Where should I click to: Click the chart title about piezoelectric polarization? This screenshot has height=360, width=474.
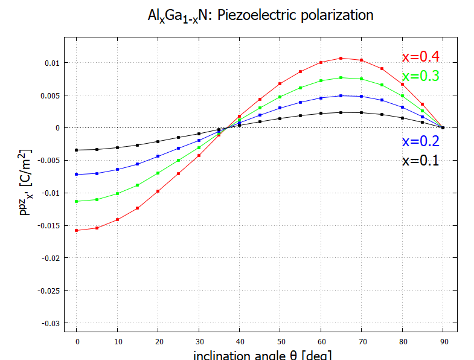(260, 14)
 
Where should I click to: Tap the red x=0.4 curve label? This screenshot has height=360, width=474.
(420, 57)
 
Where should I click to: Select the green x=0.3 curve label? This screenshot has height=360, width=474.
(420, 76)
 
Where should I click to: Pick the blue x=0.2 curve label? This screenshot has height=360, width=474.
(420, 141)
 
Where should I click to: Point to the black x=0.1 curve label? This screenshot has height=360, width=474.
(420, 161)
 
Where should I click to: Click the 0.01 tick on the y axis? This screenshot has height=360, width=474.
(51, 63)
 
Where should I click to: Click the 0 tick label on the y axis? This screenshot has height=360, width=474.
(58, 128)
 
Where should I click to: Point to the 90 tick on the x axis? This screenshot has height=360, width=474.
(443, 342)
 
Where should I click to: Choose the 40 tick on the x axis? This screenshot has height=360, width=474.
(239, 342)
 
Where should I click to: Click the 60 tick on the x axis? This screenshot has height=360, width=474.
(321, 342)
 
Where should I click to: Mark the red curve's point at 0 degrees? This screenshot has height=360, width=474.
(77, 230)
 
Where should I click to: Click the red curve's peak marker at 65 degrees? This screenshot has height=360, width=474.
(341, 58)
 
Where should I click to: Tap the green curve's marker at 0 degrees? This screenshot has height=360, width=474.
(77, 201)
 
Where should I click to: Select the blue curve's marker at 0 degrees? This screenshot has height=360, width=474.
(77, 174)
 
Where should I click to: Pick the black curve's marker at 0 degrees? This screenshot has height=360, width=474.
(77, 150)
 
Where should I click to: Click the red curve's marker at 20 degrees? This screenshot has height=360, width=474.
(158, 191)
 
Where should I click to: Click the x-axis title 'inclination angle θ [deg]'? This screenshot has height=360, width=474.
(262, 355)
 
